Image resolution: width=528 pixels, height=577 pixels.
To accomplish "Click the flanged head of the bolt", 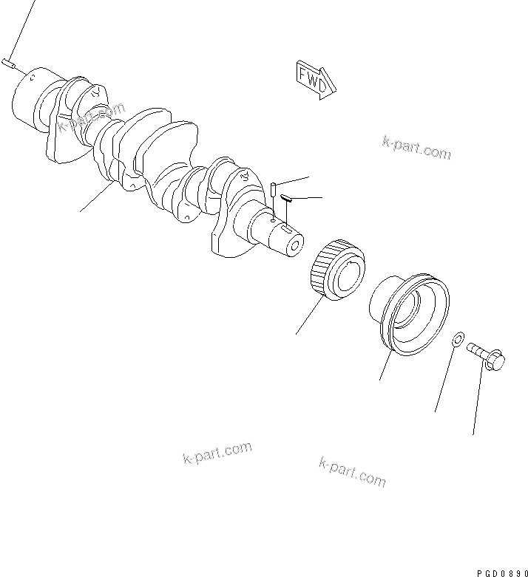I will [x=495, y=362].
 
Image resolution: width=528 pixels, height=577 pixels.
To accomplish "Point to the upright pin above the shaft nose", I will [x=274, y=189].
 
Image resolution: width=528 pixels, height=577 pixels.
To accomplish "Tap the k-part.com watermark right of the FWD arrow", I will [x=416, y=148].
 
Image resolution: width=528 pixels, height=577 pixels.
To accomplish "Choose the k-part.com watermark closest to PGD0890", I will [x=352, y=471].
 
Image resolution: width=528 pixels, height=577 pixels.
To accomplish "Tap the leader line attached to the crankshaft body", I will [x=97, y=199].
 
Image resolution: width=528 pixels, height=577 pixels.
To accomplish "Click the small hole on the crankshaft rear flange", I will [x=31, y=73].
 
